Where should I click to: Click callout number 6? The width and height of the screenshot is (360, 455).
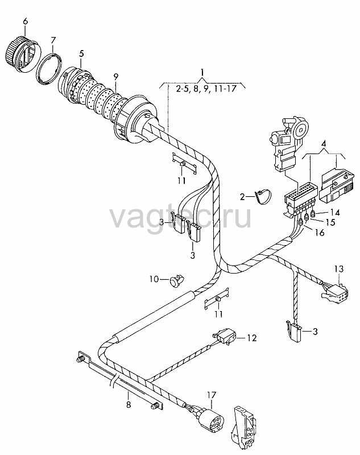26,22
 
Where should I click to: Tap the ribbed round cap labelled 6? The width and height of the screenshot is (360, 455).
23,54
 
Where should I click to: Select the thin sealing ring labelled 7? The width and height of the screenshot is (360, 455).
49,69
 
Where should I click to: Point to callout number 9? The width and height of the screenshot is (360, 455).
116,77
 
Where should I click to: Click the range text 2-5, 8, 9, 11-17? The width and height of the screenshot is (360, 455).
206,89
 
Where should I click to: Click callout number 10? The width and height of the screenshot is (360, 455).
154,279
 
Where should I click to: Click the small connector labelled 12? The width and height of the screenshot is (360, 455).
225,337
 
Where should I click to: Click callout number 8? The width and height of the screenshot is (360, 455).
129,404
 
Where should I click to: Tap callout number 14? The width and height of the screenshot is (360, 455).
335,213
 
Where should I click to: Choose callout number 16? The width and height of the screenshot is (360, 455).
320,233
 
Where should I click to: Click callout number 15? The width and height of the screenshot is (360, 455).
330,222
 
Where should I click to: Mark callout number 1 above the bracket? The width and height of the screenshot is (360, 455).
202,72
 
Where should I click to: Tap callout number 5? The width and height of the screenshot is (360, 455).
81,53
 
